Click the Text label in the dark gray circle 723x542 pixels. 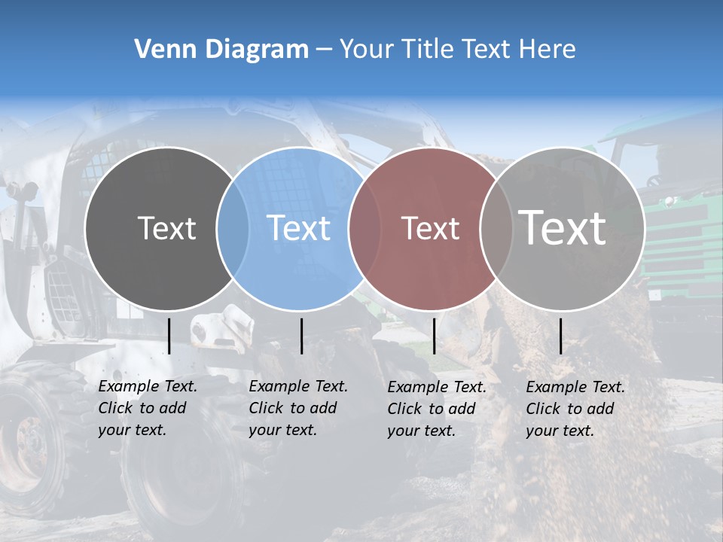[166, 228]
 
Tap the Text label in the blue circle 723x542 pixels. [299, 228]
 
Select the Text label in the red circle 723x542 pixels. [430, 228]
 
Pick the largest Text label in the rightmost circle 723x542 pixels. [563, 228]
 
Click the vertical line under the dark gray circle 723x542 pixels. [169, 336]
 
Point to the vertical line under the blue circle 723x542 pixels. [301, 336]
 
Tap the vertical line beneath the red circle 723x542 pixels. [434, 336]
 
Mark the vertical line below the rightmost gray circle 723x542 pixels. [561, 336]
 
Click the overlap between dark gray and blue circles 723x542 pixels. [233, 228]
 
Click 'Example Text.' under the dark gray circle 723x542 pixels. [148, 386]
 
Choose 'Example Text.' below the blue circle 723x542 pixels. [298, 386]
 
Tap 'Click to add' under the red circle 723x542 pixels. [432, 409]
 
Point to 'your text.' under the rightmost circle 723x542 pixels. [560, 431]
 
